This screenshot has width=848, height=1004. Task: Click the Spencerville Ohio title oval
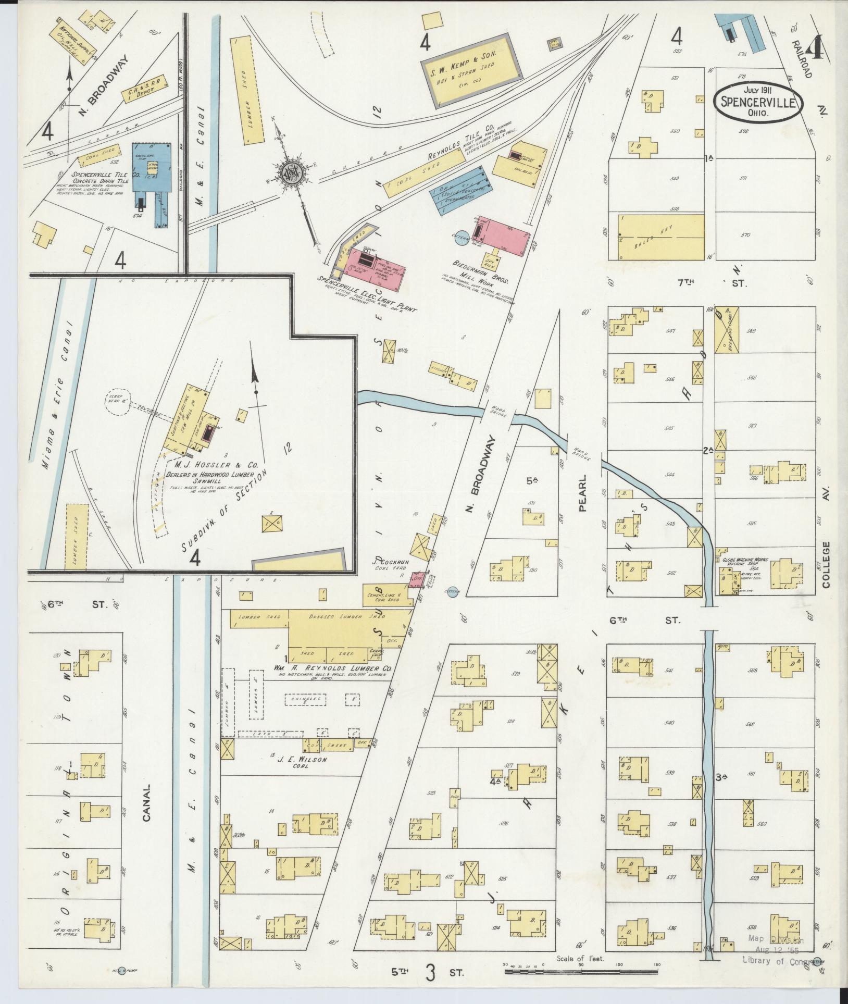[758, 102]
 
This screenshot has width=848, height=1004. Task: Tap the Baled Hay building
[659, 237]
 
